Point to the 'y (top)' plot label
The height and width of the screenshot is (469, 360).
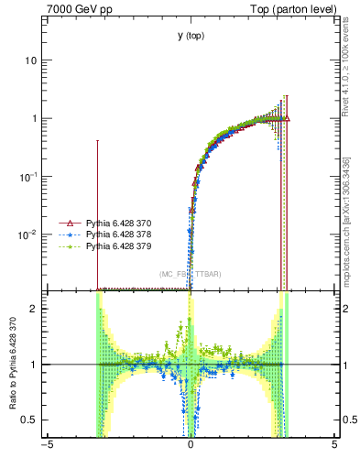point(191,36)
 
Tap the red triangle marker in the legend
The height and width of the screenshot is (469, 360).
point(66,223)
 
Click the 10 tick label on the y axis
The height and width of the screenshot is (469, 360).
point(31,60)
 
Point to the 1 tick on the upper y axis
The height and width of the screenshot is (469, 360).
point(35,119)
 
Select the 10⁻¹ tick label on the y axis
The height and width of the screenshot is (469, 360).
point(29,176)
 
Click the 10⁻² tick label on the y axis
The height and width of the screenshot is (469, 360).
point(29,234)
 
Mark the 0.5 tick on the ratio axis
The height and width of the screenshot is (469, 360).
point(31,420)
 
